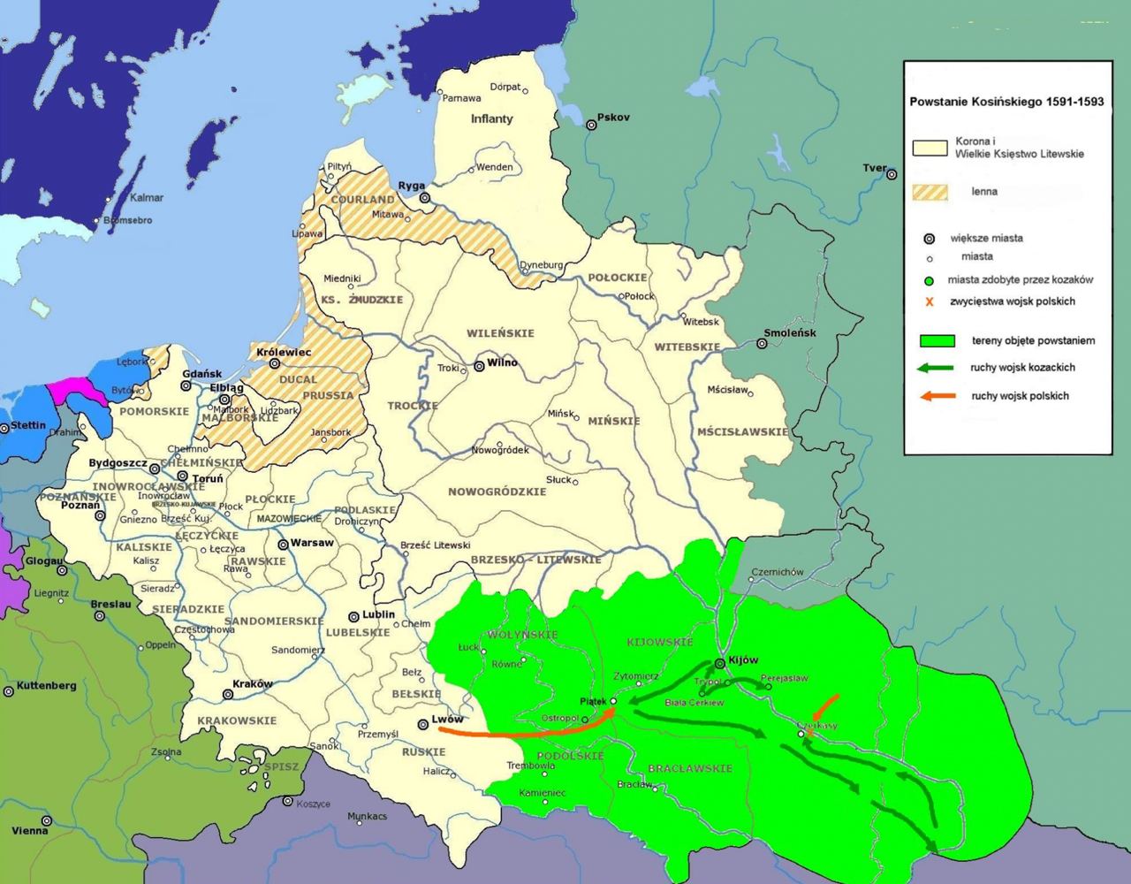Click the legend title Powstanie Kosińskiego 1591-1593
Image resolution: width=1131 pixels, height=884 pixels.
(x=1006, y=102)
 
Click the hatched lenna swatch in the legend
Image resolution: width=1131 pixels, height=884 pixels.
(x=930, y=192)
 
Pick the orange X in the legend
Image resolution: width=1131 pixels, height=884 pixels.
(x=930, y=302)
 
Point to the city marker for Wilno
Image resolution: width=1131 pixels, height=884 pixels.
(x=479, y=365)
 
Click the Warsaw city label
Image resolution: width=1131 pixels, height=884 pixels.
(x=313, y=542)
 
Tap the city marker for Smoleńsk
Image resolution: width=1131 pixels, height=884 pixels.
(x=763, y=343)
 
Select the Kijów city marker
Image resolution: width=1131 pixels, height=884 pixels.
(x=720, y=663)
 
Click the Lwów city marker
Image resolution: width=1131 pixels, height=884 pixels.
(x=423, y=724)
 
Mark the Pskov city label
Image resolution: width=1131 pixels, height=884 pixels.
(x=613, y=118)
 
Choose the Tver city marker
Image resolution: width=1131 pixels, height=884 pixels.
(x=890, y=175)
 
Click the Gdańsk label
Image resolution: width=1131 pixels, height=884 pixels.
(x=201, y=374)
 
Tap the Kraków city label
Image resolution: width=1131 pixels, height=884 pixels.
(x=252, y=684)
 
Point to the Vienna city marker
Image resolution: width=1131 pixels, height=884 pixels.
(x=47, y=820)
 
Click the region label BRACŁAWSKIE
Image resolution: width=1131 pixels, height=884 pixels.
(x=690, y=768)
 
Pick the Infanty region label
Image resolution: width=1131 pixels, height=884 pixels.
(x=491, y=118)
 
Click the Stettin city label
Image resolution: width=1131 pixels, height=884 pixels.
(x=28, y=425)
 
